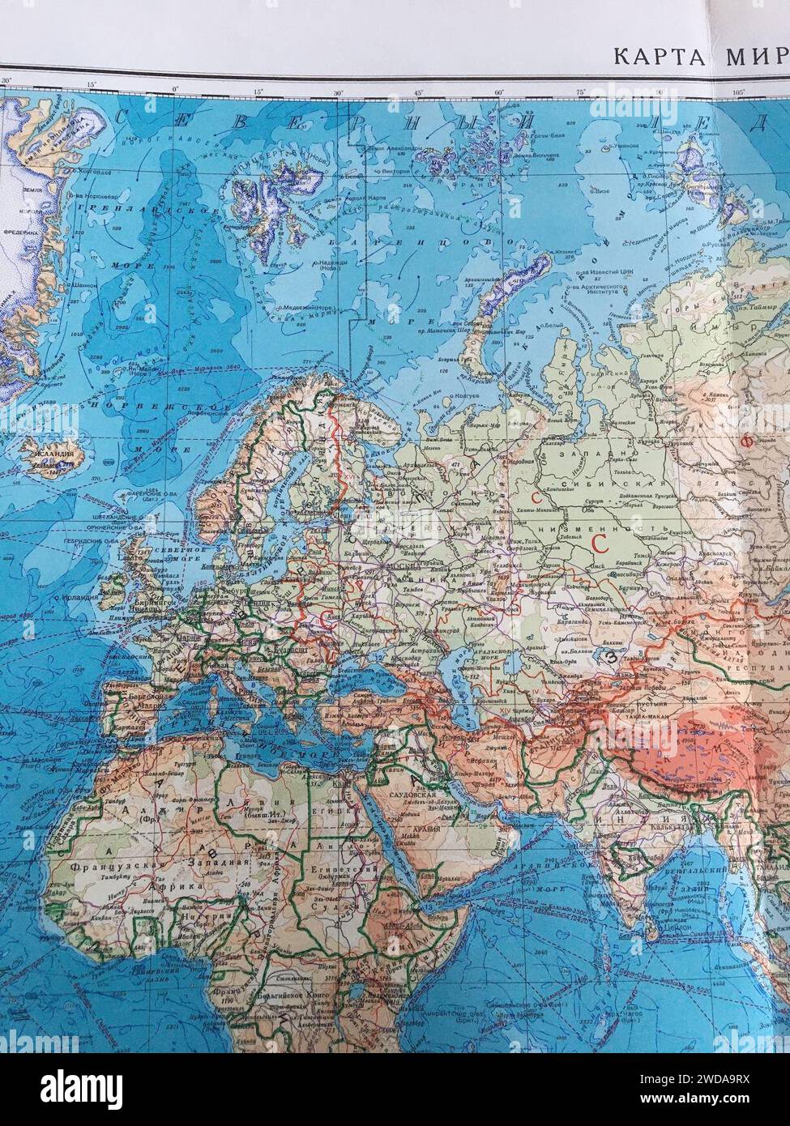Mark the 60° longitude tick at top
point(499,91)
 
